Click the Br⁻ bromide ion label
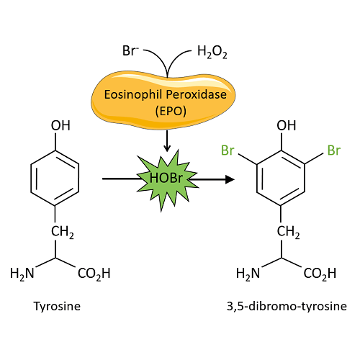tap(130, 51)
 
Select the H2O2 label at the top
tap(212, 52)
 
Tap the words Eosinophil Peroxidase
tap(166, 94)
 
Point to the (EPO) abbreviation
tap(171, 111)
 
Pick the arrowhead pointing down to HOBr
tap(167, 148)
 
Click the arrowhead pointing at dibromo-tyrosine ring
tap(230, 179)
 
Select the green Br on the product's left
tap(228, 150)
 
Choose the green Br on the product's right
tap(334, 150)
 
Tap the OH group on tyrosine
tap(60, 125)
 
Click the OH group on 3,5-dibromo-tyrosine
tap(287, 125)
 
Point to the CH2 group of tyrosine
tap(63, 232)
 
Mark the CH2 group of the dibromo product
tap(288, 232)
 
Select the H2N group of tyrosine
tap(22, 274)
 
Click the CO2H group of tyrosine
tap(94, 274)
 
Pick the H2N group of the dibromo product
tap(248, 274)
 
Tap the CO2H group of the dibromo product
tap(320, 274)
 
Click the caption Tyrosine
tap(57, 307)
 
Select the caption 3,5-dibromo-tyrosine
tap(287, 307)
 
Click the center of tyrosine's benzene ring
tap(55, 178)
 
